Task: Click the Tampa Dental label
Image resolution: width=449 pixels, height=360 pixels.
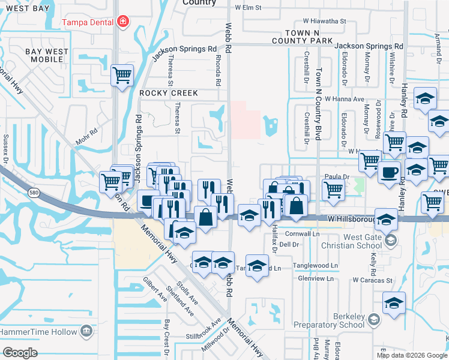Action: tap(90, 23)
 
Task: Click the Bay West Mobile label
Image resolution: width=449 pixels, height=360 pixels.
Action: tap(47, 56)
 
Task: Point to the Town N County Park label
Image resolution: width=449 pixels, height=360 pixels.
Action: tap(302, 37)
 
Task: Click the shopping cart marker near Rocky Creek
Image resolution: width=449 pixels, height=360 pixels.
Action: tap(122, 76)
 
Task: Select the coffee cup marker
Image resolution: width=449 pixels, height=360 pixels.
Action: tap(388, 172)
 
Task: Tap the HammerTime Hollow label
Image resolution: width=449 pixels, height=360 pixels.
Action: tap(39, 331)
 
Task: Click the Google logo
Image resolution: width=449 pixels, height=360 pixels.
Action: tap(20, 353)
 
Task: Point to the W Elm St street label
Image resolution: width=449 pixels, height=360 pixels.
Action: tap(249, 8)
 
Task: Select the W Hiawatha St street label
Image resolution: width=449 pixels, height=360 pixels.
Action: tap(324, 21)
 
